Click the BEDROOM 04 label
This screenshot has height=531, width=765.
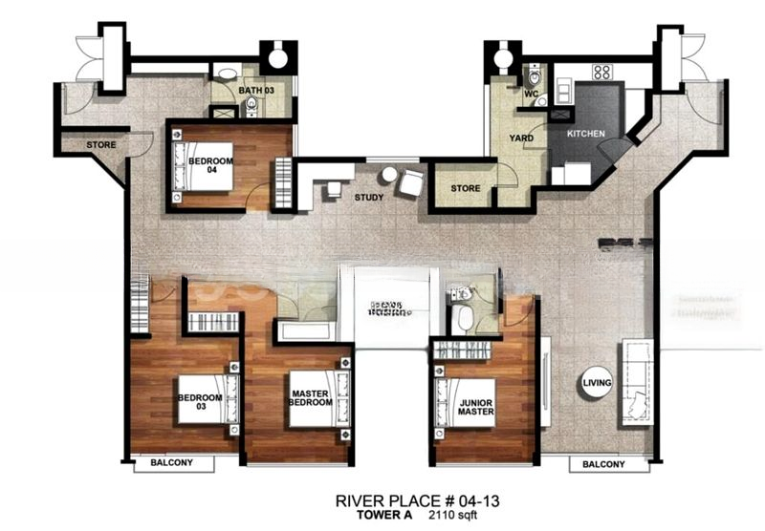209,161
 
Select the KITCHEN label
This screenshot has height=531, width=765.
585,134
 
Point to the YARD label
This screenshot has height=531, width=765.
521,138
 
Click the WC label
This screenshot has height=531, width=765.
532,94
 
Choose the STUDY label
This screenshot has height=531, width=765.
369,199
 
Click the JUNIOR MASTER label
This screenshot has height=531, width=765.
475,406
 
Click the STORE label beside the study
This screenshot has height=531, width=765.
465,188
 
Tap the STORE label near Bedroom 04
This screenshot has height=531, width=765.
100,145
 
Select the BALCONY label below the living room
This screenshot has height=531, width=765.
602,465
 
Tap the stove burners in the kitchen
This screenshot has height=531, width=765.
601,72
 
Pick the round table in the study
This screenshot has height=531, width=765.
388,176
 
